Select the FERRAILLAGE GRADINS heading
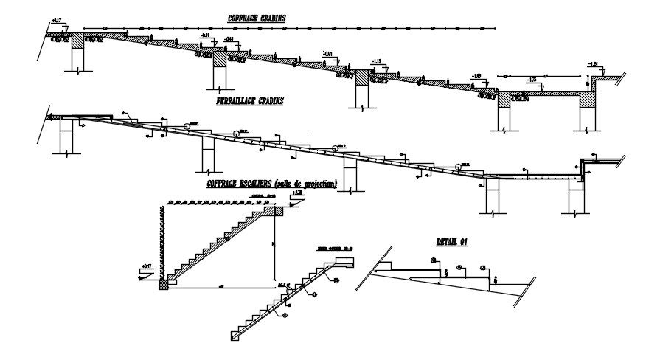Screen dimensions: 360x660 point(251,101)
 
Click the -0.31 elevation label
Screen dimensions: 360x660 point(206,35)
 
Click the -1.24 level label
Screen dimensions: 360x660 point(595,65)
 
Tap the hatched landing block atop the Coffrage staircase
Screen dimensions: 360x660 point(280,211)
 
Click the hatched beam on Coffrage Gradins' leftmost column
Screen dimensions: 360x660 point(78,38)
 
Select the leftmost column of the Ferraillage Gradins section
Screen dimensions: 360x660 point(65,136)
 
